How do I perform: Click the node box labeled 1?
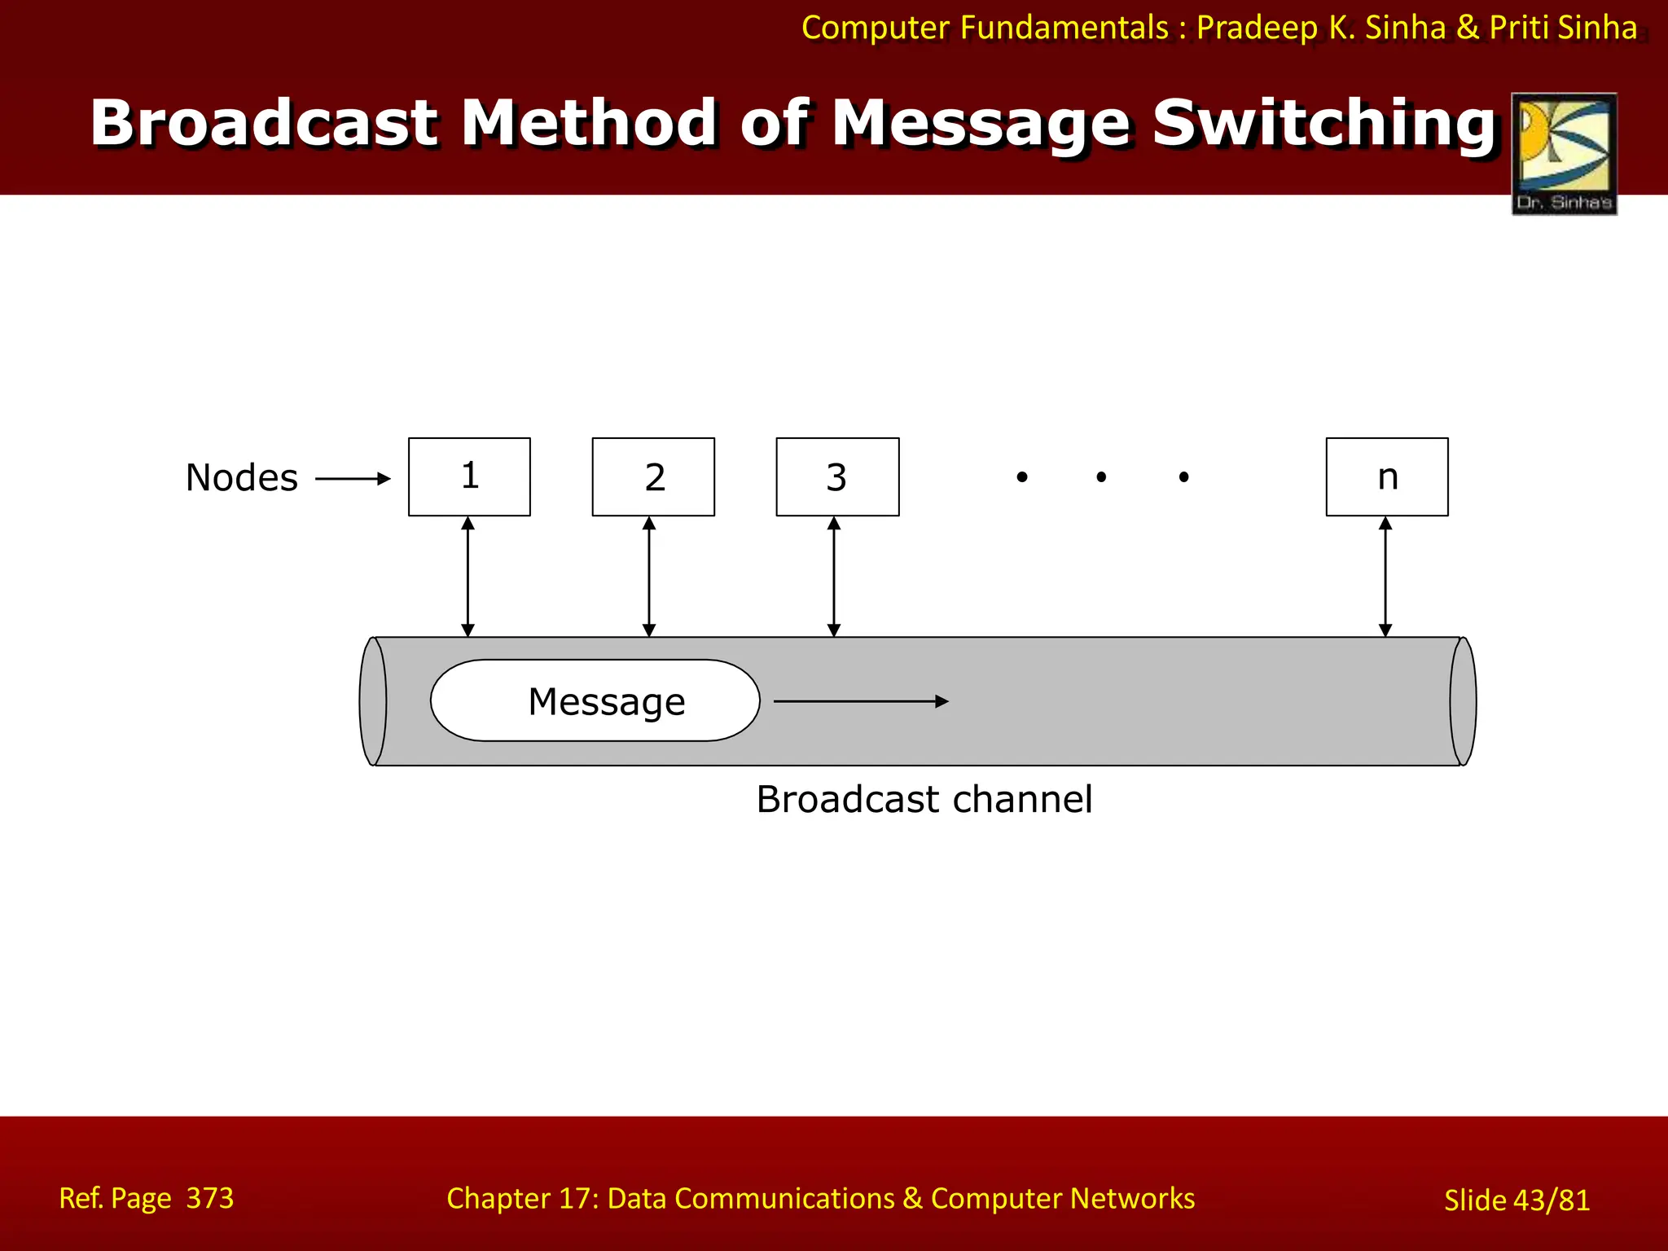pos(469,477)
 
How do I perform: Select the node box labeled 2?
pos(653,477)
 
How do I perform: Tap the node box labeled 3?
pos(837,477)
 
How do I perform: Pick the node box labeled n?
pos(1387,477)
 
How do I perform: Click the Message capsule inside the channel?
pos(595,700)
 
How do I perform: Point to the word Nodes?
pos(242,478)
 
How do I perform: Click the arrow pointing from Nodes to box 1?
pos(353,479)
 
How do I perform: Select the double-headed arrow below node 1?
pos(467,577)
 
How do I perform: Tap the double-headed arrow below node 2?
pos(649,577)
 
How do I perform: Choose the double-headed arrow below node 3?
pos(834,577)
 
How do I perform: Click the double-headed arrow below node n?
pos(1385,577)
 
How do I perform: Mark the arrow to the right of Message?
pos(861,701)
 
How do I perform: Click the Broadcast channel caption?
pos(924,799)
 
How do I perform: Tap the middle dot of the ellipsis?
pos(1101,477)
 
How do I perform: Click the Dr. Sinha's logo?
pos(1564,153)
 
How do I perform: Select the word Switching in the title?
pos(1324,124)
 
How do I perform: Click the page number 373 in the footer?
pos(209,1198)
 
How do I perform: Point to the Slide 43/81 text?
pos(1517,1201)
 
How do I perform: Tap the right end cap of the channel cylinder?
pos(1463,701)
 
